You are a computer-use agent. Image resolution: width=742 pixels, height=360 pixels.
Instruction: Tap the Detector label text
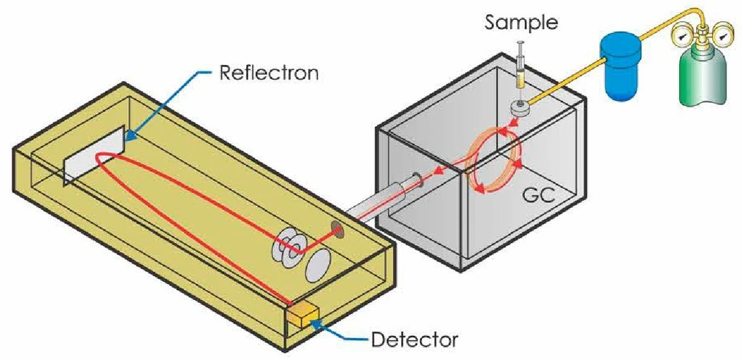[x=414, y=340]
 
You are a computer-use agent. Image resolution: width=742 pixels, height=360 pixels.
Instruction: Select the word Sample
[x=522, y=23]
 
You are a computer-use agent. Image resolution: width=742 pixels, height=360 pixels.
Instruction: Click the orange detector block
[x=303, y=315]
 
